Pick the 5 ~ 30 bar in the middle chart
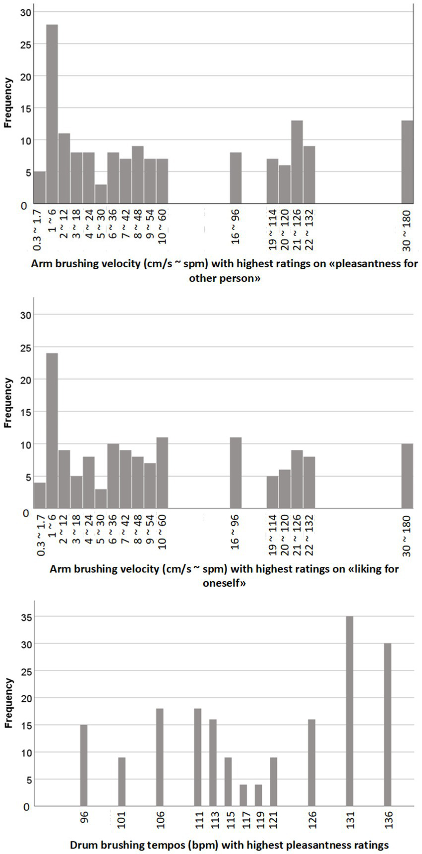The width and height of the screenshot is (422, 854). [x=101, y=499]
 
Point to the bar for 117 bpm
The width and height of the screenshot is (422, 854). [x=243, y=795]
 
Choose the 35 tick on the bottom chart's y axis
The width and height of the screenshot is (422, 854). [x=24, y=617]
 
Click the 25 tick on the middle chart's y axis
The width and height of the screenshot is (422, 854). [x=24, y=348]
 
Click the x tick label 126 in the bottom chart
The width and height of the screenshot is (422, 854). [x=311, y=820]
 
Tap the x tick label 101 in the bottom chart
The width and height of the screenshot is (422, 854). [x=121, y=820]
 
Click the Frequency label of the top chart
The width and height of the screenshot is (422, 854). [x=8, y=103]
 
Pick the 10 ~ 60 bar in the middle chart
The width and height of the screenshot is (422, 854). [x=162, y=473]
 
